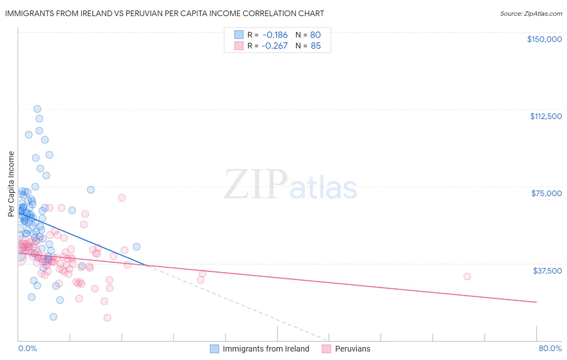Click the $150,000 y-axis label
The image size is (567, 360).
click(544, 39)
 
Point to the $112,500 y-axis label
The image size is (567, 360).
click(546, 116)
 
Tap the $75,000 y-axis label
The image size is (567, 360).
click(546, 193)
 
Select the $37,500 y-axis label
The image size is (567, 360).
click(547, 271)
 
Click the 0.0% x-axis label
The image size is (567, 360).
click(27, 348)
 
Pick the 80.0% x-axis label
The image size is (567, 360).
click(550, 348)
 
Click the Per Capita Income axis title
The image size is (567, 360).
click(11, 184)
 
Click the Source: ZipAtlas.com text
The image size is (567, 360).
click(531, 13)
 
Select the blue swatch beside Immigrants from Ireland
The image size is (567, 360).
click(215, 349)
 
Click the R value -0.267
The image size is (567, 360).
click(274, 46)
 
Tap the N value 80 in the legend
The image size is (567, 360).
click(315, 35)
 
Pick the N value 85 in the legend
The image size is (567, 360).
click(315, 46)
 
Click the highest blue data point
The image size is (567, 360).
click(37, 109)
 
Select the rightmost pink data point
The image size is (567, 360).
click(467, 276)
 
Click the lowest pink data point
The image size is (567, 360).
click(107, 318)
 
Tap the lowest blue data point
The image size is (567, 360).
click(53, 317)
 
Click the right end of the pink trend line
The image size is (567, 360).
click(536, 302)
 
